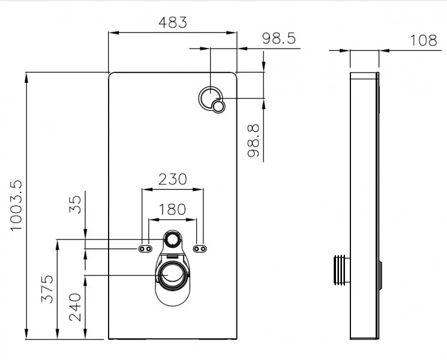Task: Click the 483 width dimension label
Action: point(173,23)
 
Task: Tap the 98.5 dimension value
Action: point(279,38)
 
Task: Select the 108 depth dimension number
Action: point(424,40)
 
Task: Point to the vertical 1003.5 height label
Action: point(16,205)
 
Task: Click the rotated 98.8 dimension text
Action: point(253,140)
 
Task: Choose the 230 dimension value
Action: point(172,179)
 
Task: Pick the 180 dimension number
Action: point(172,209)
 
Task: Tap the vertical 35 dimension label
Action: point(75,205)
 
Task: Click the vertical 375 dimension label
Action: point(47,289)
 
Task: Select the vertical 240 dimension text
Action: point(75,307)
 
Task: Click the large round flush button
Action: point(211,98)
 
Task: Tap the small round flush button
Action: point(218,107)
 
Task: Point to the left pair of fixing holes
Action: point(145,249)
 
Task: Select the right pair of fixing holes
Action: point(200,249)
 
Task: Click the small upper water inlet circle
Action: point(172,239)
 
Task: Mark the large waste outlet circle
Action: point(172,275)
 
